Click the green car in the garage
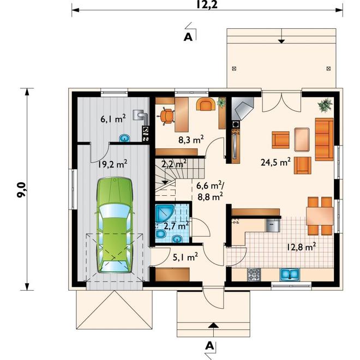point(115,225)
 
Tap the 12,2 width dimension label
point(207,4)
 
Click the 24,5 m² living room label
point(276,162)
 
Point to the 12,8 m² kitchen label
point(301,247)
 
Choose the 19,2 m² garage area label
point(113,164)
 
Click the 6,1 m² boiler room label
point(113,119)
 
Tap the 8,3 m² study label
point(191,140)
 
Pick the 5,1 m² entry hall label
point(185,257)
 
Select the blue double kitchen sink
point(290,274)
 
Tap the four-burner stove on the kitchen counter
point(254,274)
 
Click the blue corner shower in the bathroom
point(164,212)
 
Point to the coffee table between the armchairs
point(302,140)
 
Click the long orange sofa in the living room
point(324,139)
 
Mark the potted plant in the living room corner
point(325,105)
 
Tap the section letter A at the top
point(188,37)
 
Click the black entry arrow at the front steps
point(213,325)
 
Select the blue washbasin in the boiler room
point(125,138)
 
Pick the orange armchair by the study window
point(206,104)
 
